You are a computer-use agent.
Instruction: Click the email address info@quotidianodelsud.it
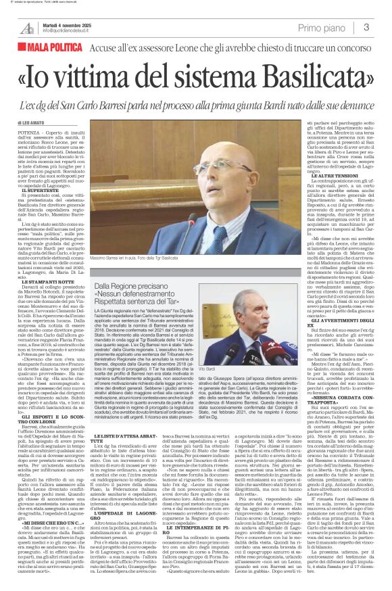pos(70,31)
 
